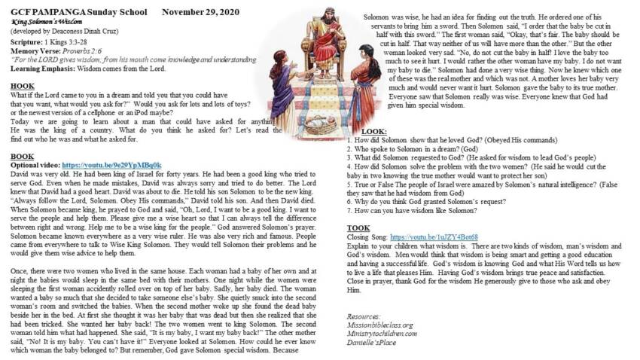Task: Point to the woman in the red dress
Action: [363, 83]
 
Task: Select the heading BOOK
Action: [22, 157]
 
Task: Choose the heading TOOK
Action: [358, 227]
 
